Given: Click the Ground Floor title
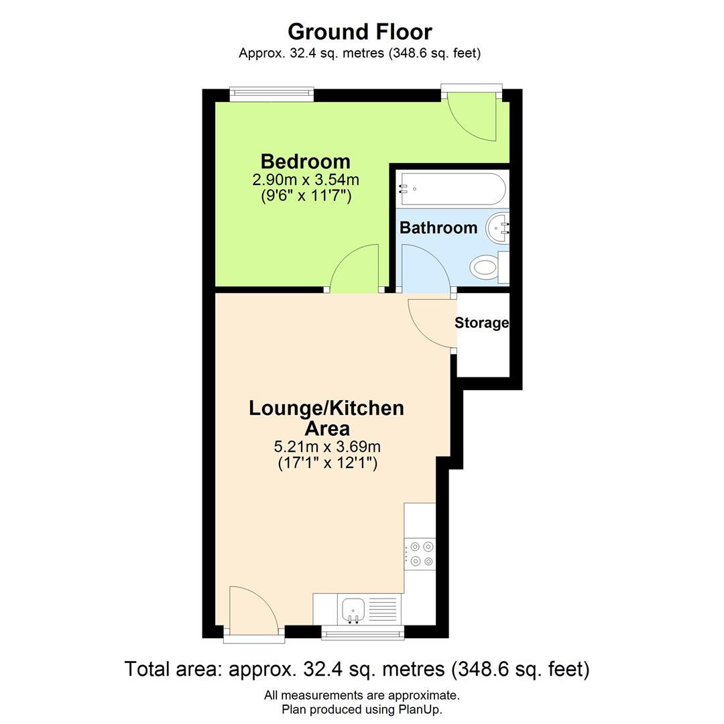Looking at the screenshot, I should (360, 32).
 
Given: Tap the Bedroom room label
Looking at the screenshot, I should (305, 162).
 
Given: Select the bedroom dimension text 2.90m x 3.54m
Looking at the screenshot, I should (305, 180).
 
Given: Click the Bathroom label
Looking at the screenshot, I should (438, 228).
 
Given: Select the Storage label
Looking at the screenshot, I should (481, 323).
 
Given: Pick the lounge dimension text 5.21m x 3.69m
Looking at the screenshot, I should (327, 446).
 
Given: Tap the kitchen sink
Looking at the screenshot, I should (353, 609).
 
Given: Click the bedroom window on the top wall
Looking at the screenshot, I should (271, 95).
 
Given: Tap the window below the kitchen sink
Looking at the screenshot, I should (363, 632).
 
